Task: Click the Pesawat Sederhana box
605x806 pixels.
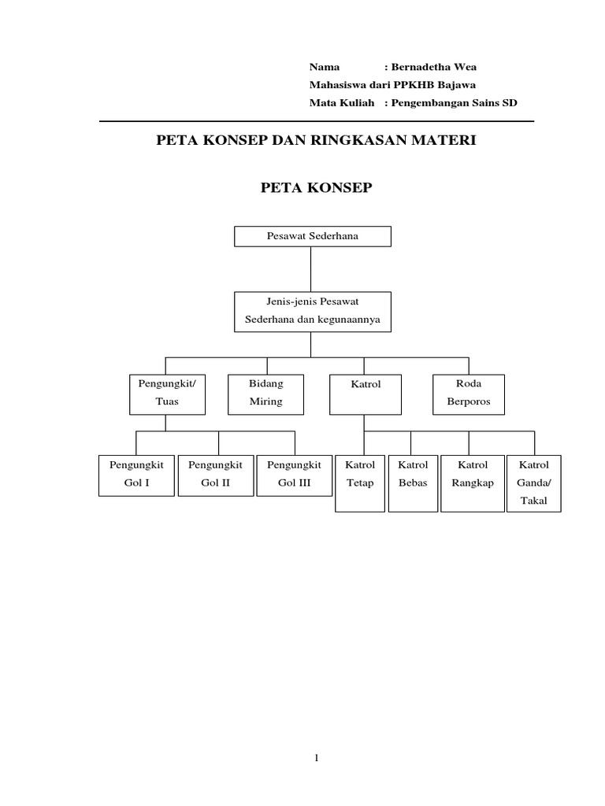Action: pyautogui.click(x=312, y=236)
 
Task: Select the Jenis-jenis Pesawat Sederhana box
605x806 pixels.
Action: pyautogui.click(x=312, y=312)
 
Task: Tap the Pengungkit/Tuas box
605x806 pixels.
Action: pyautogui.click(x=167, y=394)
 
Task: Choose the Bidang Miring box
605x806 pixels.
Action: pyautogui.click(x=266, y=394)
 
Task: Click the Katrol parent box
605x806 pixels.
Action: pyautogui.click(x=366, y=394)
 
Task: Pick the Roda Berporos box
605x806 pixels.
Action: pyautogui.click(x=469, y=394)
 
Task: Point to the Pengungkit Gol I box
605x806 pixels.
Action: pyautogui.click(x=136, y=475)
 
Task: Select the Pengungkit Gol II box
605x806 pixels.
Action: pyautogui.click(x=216, y=475)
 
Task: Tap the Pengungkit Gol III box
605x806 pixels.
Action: pyautogui.click(x=295, y=475)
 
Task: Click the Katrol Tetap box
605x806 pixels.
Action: pyautogui.click(x=359, y=482)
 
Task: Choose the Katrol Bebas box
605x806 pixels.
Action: pyautogui.click(x=413, y=482)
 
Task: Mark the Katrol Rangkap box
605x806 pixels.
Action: pyautogui.click(x=473, y=482)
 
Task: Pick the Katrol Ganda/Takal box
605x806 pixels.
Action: pyautogui.click(x=533, y=482)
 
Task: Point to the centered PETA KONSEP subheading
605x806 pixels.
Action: pyautogui.click(x=316, y=187)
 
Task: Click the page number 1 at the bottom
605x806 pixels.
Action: pyautogui.click(x=316, y=758)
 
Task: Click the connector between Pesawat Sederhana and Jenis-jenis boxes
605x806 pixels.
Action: pyautogui.click(x=312, y=269)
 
